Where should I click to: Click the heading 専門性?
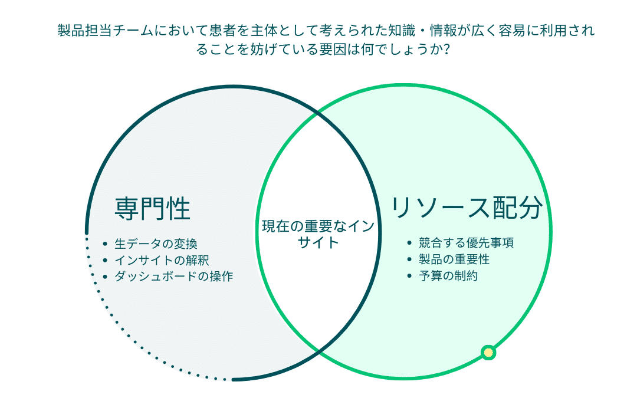152,209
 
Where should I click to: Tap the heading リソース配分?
467,208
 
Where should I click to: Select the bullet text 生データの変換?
156,244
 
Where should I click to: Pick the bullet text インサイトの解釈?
162,260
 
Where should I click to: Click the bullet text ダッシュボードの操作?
174,276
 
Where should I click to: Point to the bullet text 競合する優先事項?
467,243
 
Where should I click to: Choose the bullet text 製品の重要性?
454,259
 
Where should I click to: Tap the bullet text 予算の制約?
448,276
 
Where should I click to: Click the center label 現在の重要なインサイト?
318,234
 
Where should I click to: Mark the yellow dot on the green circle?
488,353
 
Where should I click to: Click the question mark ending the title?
446,50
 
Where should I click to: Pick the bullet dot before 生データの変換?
105,244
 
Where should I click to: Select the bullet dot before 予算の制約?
409,276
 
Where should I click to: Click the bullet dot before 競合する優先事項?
409,244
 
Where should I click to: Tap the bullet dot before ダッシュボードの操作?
105,277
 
